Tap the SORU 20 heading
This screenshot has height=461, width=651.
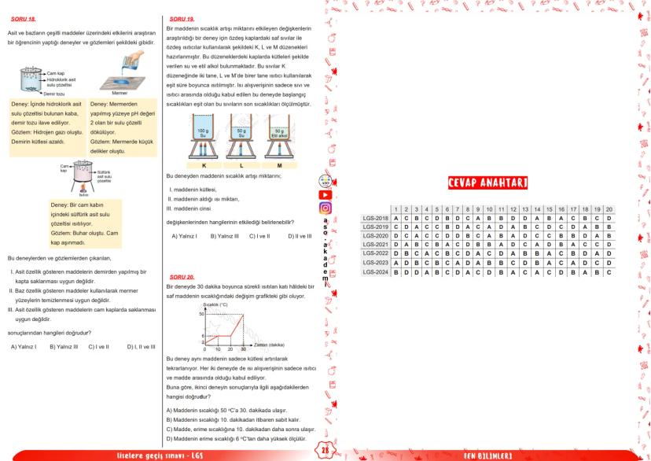click(x=182, y=278)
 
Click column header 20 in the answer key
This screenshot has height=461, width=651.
click(x=609, y=208)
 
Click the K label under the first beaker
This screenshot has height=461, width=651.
click(x=204, y=166)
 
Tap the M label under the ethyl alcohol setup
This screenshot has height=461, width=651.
click(x=279, y=166)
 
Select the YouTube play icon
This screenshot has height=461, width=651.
click(x=325, y=194)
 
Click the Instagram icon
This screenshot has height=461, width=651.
click(x=325, y=208)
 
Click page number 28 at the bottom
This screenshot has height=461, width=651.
click(x=325, y=450)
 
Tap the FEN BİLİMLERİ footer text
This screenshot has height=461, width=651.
click(x=487, y=455)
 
